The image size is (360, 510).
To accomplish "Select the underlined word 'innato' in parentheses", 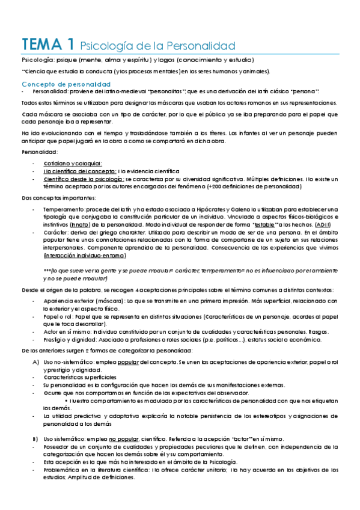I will tap(80, 224).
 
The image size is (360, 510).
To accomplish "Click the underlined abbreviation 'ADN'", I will tap(325, 224).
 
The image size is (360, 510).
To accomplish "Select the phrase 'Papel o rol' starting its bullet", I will tap(58, 316).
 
